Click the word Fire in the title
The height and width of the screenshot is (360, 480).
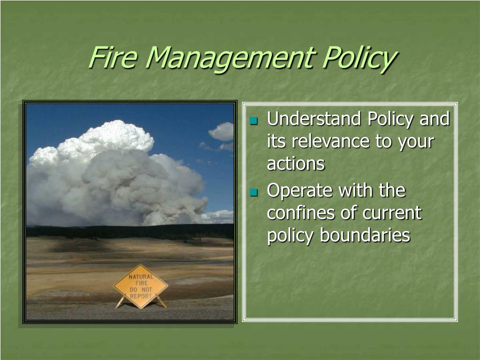tap(112, 57)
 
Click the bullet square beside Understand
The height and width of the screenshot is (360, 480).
tap(254, 120)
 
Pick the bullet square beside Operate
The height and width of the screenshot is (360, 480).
tap(254, 192)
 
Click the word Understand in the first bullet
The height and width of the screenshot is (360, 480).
tap(314, 119)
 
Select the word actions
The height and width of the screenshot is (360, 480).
tap(296, 164)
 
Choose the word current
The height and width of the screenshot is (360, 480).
tap(386, 213)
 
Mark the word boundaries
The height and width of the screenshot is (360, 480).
tap(365, 235)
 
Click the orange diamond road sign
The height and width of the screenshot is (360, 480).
tap(141, 286)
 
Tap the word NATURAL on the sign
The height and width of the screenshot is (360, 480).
tap(141, 277)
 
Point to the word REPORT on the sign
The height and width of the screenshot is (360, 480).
tap(141, 296)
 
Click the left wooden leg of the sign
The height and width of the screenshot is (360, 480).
tap(120, 302)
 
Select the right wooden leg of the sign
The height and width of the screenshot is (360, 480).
tap(161, 301)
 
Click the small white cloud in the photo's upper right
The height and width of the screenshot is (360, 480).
tap(222, 132)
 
